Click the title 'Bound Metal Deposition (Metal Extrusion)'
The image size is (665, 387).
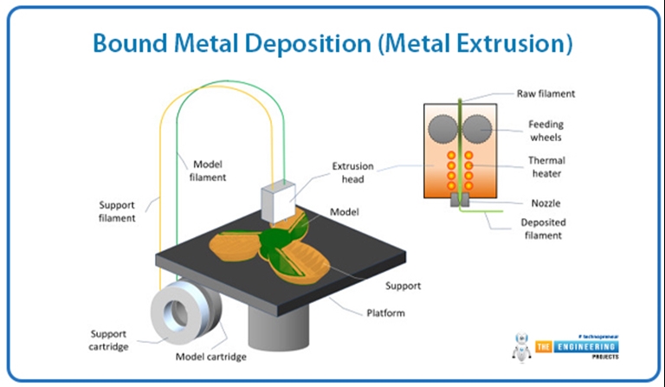332,42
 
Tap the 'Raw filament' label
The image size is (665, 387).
546,94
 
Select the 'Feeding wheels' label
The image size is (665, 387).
546,131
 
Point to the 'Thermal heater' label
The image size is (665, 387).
547,166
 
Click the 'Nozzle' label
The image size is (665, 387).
545,203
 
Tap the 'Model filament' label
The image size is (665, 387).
209,170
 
